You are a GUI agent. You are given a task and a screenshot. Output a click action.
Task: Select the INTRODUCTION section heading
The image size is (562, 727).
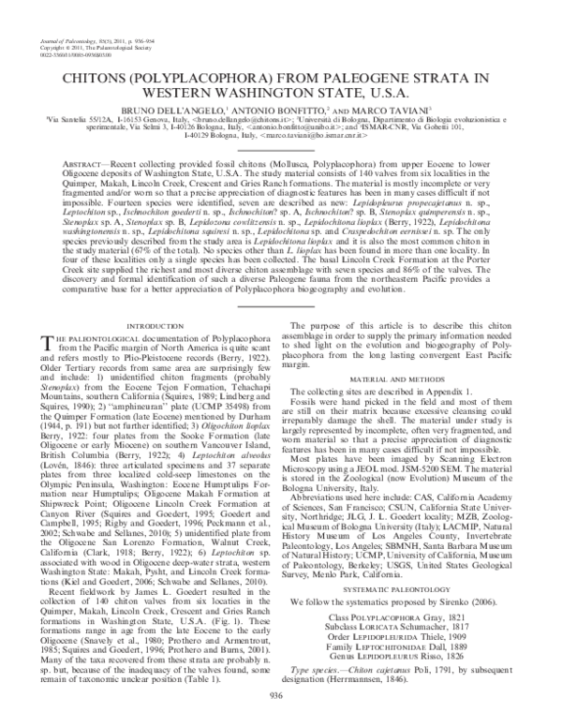click(150, 326)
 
